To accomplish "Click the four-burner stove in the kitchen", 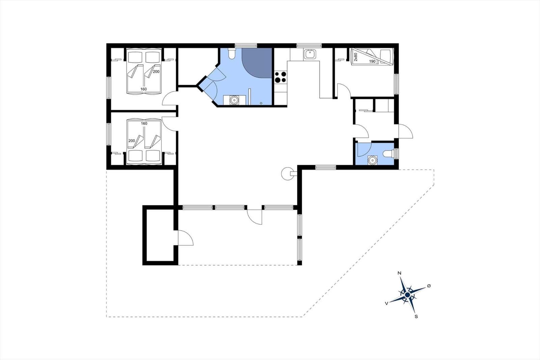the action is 280,77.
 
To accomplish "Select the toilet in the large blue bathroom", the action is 232,54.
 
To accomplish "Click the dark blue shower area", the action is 258,62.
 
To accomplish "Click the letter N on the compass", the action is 399,273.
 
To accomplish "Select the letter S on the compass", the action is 416,316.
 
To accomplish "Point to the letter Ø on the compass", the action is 429,286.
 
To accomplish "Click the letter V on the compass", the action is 386,304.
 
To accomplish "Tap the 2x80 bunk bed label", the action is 356,57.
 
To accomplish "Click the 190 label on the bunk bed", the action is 372,61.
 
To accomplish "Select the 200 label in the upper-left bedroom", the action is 156,72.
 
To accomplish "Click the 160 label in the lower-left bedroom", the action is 144,124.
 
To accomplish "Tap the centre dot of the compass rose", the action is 407,295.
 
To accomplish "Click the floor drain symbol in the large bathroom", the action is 261,103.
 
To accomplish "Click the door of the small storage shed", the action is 186,238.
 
